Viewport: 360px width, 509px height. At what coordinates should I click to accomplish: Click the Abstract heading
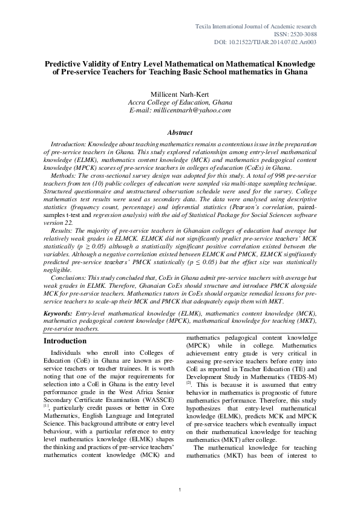pos(180,132)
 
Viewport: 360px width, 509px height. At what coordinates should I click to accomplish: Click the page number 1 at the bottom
pos(180,489)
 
